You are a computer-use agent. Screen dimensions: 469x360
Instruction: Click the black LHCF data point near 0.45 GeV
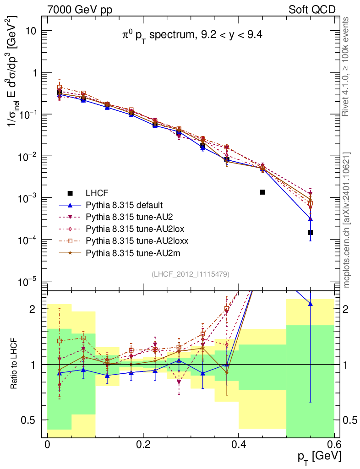[x=263, y=192]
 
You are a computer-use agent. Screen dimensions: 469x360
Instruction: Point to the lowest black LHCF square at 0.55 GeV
[x=311, y=232]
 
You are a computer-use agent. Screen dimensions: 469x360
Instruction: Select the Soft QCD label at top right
[x=312, y=10]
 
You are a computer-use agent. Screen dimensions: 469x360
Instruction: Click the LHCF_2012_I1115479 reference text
[x=191, y=274]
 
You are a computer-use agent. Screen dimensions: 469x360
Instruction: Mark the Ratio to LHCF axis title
[x=15, y=364]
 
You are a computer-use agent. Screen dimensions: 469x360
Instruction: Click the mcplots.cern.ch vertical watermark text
[x=348, y=220]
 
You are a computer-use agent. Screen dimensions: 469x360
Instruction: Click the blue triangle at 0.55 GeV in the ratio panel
[x=311, y=303]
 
